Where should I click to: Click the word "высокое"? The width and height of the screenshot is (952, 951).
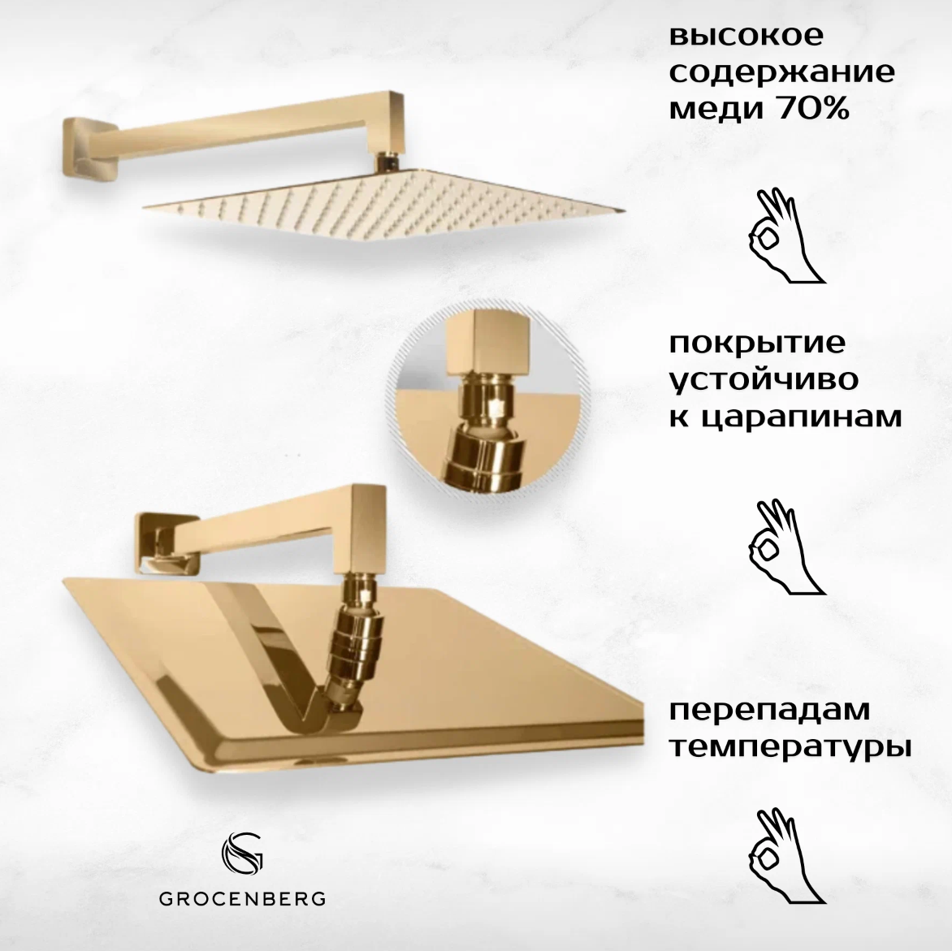point(746,37)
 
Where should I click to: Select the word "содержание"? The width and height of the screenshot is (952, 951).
point(781,73)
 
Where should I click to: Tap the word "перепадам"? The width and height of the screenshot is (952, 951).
point(769,709)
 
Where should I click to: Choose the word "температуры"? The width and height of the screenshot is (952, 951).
point(789,746)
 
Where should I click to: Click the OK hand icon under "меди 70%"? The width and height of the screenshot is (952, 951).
point(783,236)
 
